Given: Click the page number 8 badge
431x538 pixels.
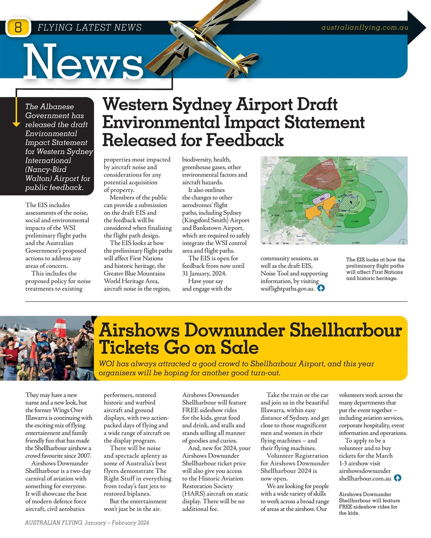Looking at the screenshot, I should coord(18,28).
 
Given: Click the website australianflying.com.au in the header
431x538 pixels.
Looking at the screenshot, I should coord(365,28).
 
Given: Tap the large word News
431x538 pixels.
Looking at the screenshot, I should coord(84,62).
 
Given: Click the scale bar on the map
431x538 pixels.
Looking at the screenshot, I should coord(275,243).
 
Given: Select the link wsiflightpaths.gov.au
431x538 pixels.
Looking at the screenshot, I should coord(287,289).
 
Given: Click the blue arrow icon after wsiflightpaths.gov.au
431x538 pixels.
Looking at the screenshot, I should coord(321,288).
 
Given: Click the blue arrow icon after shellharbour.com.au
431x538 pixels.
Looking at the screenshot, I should coord(397,478).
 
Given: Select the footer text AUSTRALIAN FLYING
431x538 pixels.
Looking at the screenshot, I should coord(53,523).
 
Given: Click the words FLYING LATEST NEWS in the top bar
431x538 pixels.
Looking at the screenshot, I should coord(90,28).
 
